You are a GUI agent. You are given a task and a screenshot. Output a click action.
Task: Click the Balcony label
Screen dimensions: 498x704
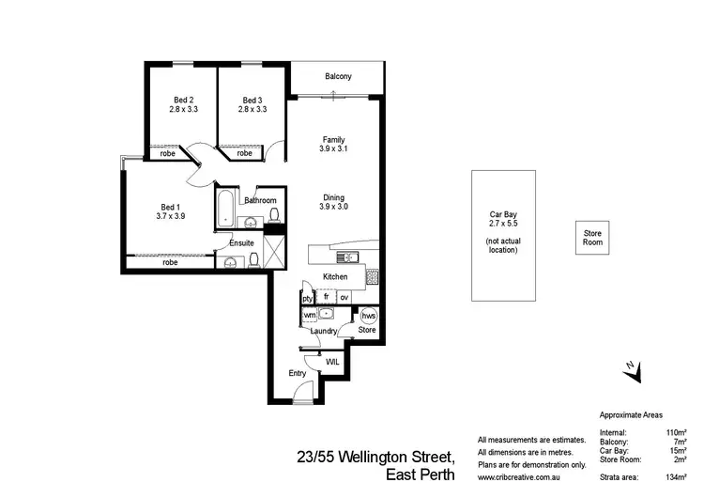point(338,76)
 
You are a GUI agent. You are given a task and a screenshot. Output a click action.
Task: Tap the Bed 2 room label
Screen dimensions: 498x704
point(184,101)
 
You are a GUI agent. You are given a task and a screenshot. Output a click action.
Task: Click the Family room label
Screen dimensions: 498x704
point(334,139)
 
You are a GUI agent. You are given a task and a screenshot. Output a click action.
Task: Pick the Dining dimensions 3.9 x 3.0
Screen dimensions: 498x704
point(334,207)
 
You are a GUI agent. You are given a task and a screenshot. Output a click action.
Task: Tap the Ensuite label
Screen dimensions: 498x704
point(241,243)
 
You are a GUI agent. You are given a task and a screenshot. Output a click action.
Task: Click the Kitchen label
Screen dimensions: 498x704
point(335,277)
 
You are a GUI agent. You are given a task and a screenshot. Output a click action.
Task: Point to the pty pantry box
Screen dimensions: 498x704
point(307,298)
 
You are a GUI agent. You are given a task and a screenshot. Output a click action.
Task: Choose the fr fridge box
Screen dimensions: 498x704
point(326,297)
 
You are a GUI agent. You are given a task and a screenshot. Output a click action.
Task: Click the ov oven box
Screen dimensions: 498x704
point(344,298)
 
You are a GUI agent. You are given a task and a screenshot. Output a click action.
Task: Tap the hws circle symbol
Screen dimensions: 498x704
point(368,316)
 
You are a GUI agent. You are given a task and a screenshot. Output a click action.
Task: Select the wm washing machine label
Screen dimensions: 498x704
point(309,315)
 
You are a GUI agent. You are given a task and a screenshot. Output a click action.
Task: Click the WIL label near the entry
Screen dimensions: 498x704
point(332,361)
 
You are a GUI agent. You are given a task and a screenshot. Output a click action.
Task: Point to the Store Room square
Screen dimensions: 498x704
point(591,238)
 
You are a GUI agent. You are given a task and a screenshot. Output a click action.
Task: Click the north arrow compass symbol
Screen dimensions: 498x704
point(632,372)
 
